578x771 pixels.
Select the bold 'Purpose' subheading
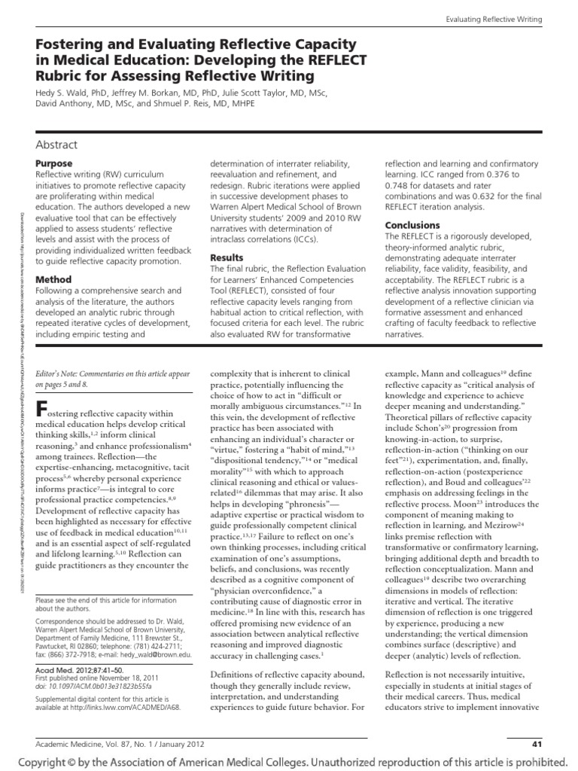54,163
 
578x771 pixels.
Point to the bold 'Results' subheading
227,258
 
